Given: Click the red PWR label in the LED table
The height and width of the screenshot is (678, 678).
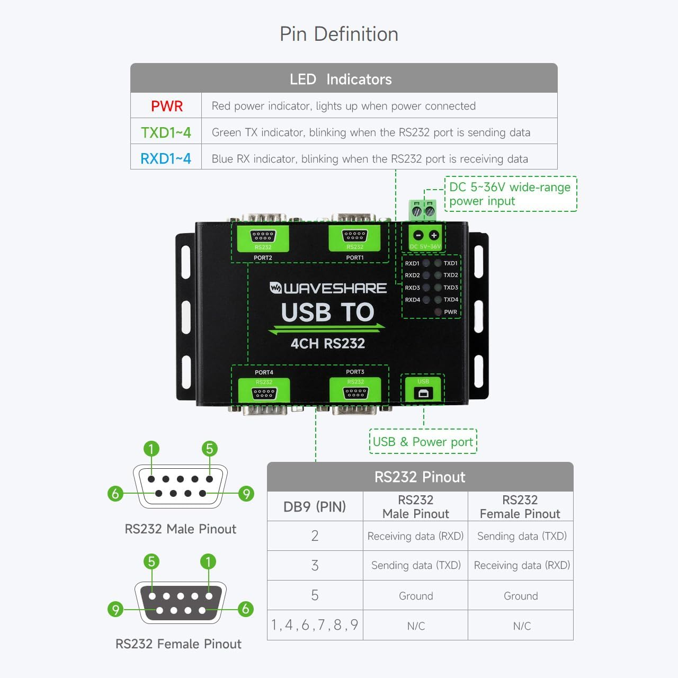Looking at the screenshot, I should click(166, 106).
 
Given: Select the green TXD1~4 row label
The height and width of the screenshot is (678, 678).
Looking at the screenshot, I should click(166, 132).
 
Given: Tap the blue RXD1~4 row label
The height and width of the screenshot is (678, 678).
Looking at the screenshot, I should click(166, 158).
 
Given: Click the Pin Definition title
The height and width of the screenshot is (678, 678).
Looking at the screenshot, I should click(338, 34).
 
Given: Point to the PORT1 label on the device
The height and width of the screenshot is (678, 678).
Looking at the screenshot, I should click(355, 258).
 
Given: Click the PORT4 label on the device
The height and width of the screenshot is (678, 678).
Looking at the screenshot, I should click(264, 372).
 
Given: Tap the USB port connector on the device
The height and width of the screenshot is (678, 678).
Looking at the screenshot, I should click(423, 394).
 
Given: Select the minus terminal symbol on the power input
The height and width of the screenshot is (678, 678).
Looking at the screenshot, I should click(418, 235).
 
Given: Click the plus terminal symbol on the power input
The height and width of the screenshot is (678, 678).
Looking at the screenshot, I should click(434, 235).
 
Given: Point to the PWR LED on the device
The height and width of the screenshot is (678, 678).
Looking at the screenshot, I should click(438, 312).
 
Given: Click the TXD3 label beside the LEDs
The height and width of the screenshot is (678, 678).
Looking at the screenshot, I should click(451, 288).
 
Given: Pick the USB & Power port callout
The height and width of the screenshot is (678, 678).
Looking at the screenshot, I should click(423, 442).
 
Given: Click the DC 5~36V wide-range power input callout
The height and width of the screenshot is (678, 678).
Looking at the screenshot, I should click(510, 194).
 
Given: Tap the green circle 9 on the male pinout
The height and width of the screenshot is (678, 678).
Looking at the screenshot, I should click(246, 494).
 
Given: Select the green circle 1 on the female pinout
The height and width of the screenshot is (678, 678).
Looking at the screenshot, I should click(208, 561).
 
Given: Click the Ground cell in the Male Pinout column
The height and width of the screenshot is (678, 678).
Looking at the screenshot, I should click(416, 596).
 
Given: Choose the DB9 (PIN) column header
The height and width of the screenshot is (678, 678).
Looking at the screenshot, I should click(315, 507).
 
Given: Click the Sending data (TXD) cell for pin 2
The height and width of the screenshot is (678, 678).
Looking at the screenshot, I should click(522, 536).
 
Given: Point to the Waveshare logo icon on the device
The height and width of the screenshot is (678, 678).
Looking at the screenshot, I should click(275, 288).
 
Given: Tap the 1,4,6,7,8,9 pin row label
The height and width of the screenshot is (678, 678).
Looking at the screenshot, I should click(315, 626).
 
